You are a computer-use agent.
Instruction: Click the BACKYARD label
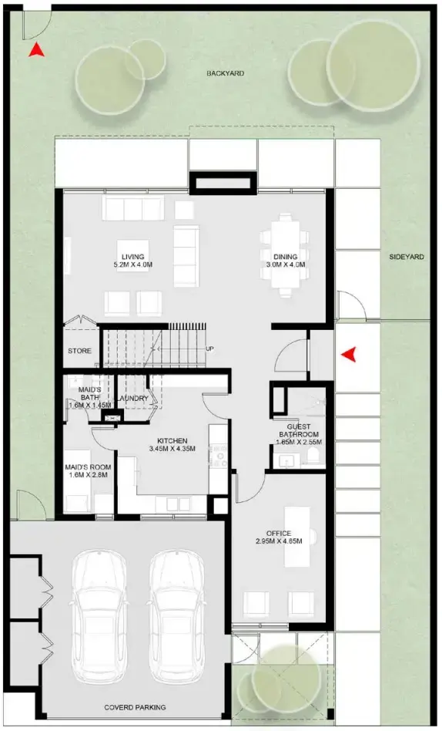(x=225, y=74)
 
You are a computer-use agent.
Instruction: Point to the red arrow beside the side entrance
(x=350, y=354)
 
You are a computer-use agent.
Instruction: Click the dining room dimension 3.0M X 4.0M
(x=290, y=265)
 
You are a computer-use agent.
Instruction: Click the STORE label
(x=79, y=351)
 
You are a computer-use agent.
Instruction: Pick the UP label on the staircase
(x=210, y=349)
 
